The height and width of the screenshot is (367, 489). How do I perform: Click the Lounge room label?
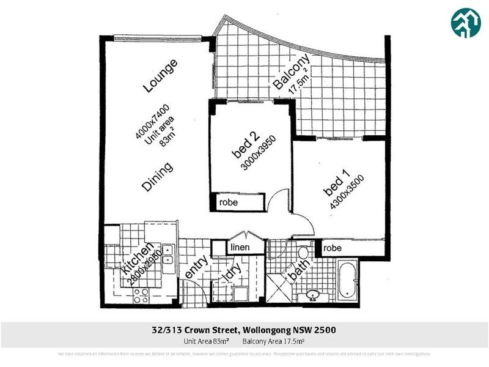point(160,76)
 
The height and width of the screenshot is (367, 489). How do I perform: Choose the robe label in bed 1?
point(333,248)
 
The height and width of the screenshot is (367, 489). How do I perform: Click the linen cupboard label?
point(238,247)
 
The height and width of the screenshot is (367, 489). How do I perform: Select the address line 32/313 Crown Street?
point(244,330)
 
